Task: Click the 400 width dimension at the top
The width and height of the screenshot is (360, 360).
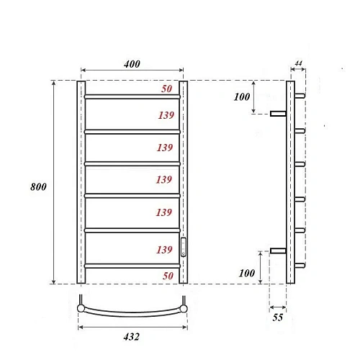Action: coord(132,64)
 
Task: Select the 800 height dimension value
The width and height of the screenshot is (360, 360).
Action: coord(39,186)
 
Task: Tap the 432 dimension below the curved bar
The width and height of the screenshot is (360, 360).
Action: coord(130,336)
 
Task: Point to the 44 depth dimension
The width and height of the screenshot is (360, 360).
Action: coord(298,65)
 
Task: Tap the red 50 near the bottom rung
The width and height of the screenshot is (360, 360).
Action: coord(166,276)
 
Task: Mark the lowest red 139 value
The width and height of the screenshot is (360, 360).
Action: coord(166,249)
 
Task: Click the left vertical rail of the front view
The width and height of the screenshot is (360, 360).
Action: coord(81,180)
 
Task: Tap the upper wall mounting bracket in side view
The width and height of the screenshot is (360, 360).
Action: coord(279,112)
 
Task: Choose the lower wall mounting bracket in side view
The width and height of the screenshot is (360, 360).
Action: coord(279,251)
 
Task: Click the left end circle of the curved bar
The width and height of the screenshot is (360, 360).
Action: coord(81,309)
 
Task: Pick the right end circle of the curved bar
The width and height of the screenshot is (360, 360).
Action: coord(184,309)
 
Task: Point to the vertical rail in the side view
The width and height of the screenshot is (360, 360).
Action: coord(290,180)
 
